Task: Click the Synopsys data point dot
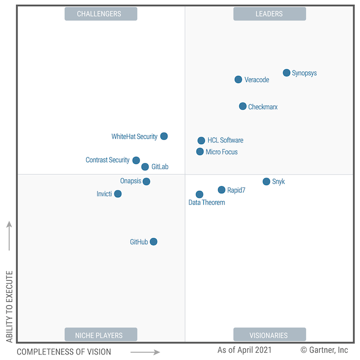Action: [x=286, y=73]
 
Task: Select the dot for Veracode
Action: [x=238, y=80]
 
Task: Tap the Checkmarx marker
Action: [x=243, y=106]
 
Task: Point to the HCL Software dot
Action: [x=201, y=141]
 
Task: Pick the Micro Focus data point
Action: [x=200, y=152]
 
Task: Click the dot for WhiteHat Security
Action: [x=164, y=136]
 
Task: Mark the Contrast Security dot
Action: [x=136, y=161]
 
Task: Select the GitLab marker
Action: [x=145, y=167]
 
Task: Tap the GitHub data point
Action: [x=153, y=241]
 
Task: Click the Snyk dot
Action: [x=266, y=182]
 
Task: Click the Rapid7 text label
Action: [x=236, y=191]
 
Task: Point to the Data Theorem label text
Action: [x=207, y=203]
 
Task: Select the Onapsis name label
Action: [x=131, y=181]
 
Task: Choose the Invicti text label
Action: [x=105, y=194]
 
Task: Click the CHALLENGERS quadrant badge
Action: [x=101, y=14]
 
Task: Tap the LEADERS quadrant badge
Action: [x=269, y=14]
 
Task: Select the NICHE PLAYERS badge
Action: [x=101, y=335]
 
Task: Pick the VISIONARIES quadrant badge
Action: [x=269, y=335]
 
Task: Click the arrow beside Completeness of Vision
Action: [x=145, y=352]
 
